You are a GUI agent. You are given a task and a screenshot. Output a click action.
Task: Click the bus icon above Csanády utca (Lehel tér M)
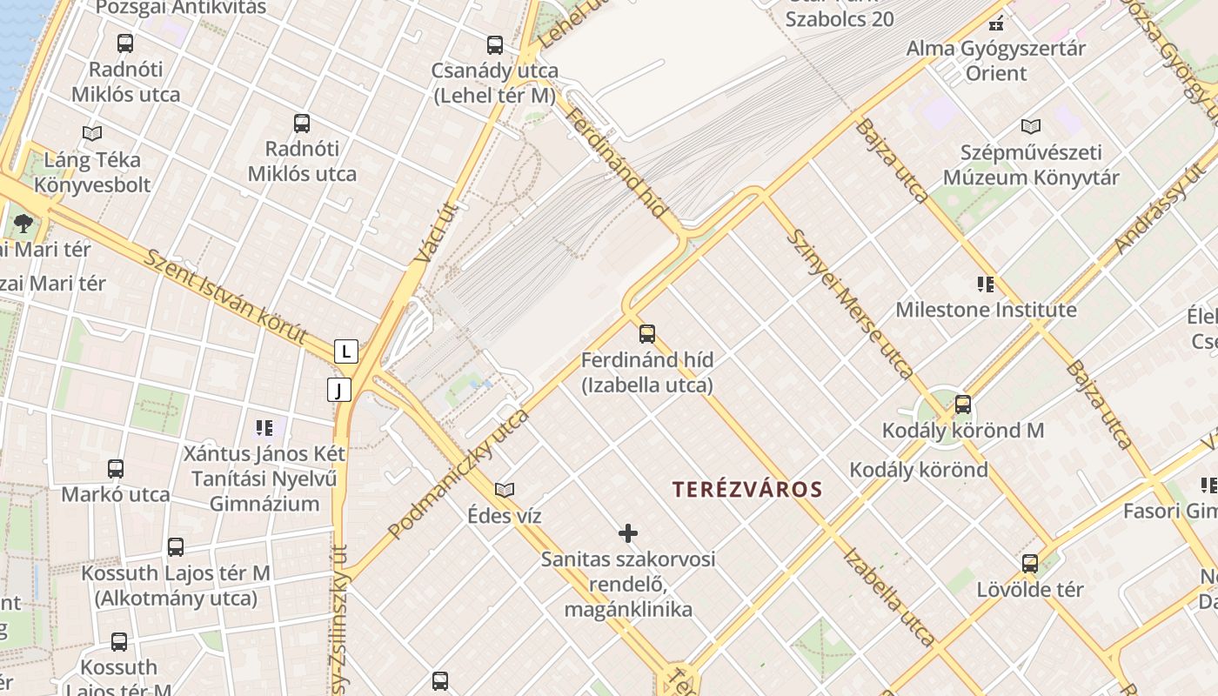click(x=495, y=44)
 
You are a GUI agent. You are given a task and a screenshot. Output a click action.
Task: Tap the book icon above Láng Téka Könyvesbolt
click(x=91, y=133)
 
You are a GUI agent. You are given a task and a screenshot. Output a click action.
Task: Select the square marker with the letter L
click(x=346, y=351)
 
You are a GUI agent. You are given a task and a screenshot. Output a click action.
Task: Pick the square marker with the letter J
click(x=338, y=390)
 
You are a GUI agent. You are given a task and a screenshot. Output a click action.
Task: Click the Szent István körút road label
click(x=226, y=297)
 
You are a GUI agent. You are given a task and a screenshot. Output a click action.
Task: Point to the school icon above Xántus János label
click(x=264, y=427)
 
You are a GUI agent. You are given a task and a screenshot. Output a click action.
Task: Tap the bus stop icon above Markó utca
click(x=116, y=469)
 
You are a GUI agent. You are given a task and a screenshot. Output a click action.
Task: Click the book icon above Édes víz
click(x=505, y=490)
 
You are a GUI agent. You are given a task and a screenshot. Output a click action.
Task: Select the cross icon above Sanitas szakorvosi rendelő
click(x=627, y=532)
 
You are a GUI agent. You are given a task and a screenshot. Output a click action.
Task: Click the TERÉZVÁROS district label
click(x=746, y=489)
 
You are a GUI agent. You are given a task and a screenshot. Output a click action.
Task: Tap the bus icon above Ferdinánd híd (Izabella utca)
click(x=646, y=333)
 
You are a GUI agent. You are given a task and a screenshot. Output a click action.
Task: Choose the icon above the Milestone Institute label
click(x=985, y=284)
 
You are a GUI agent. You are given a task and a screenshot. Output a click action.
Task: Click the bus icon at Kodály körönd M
click(x=962, y=404)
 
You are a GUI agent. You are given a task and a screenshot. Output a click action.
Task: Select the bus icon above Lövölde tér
click(x=1030, y=564)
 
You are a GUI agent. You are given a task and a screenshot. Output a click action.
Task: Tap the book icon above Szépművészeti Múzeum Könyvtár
click(x=1031, y=126)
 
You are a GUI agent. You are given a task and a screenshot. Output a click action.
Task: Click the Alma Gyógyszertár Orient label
click(x=996, y=60)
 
